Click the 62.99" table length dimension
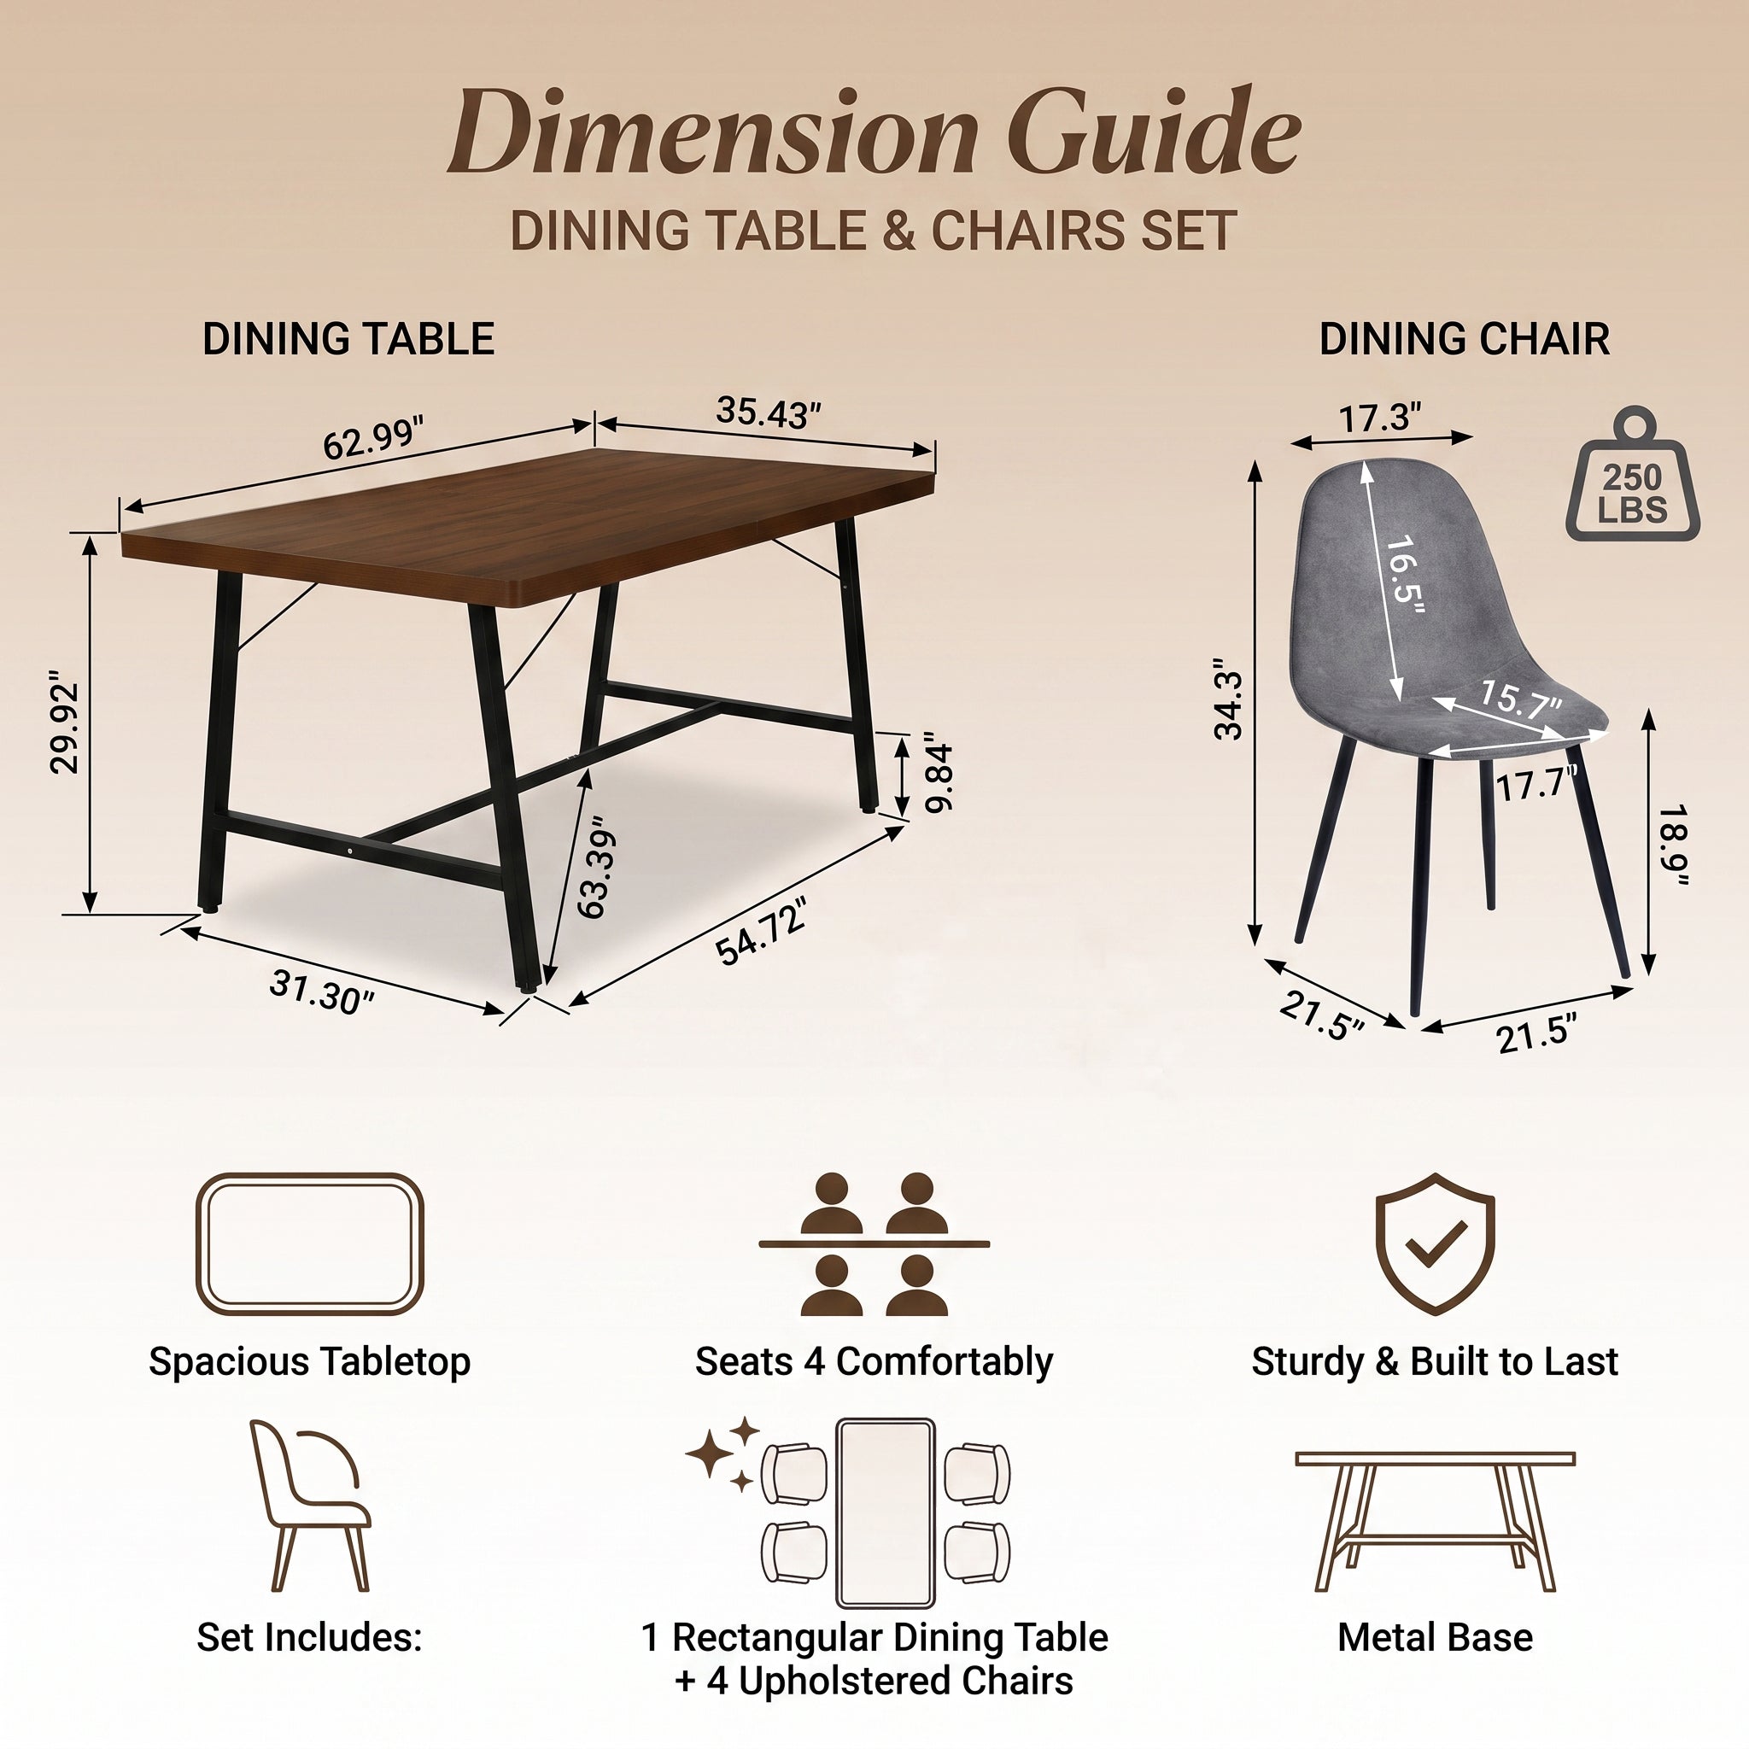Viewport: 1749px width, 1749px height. pyautogui.click(x=373, y=439)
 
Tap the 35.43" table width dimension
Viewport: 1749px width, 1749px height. pyautogui.click(x=768, y=412)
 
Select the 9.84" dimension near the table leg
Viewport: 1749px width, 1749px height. pyautogui.click(x=940, y=777)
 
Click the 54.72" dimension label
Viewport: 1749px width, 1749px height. pyautogui.click(x=760, y=933)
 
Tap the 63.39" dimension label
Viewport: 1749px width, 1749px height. pyautogui.click(x=596, y=866)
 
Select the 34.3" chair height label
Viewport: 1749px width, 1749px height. pyautogui.click(x=1230, y=706)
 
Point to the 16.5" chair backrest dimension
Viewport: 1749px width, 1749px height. pyautogui.click(x=1406, y=576)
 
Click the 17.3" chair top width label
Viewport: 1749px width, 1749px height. pyautogui.click(x=1381, y=418)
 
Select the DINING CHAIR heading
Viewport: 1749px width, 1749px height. pyautogui.click(x=1464, y=340)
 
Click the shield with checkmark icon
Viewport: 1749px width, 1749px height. pyautogui.click(x=1435, y=1243)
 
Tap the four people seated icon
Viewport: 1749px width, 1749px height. pyautogui.click(x=874, y=1243)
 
